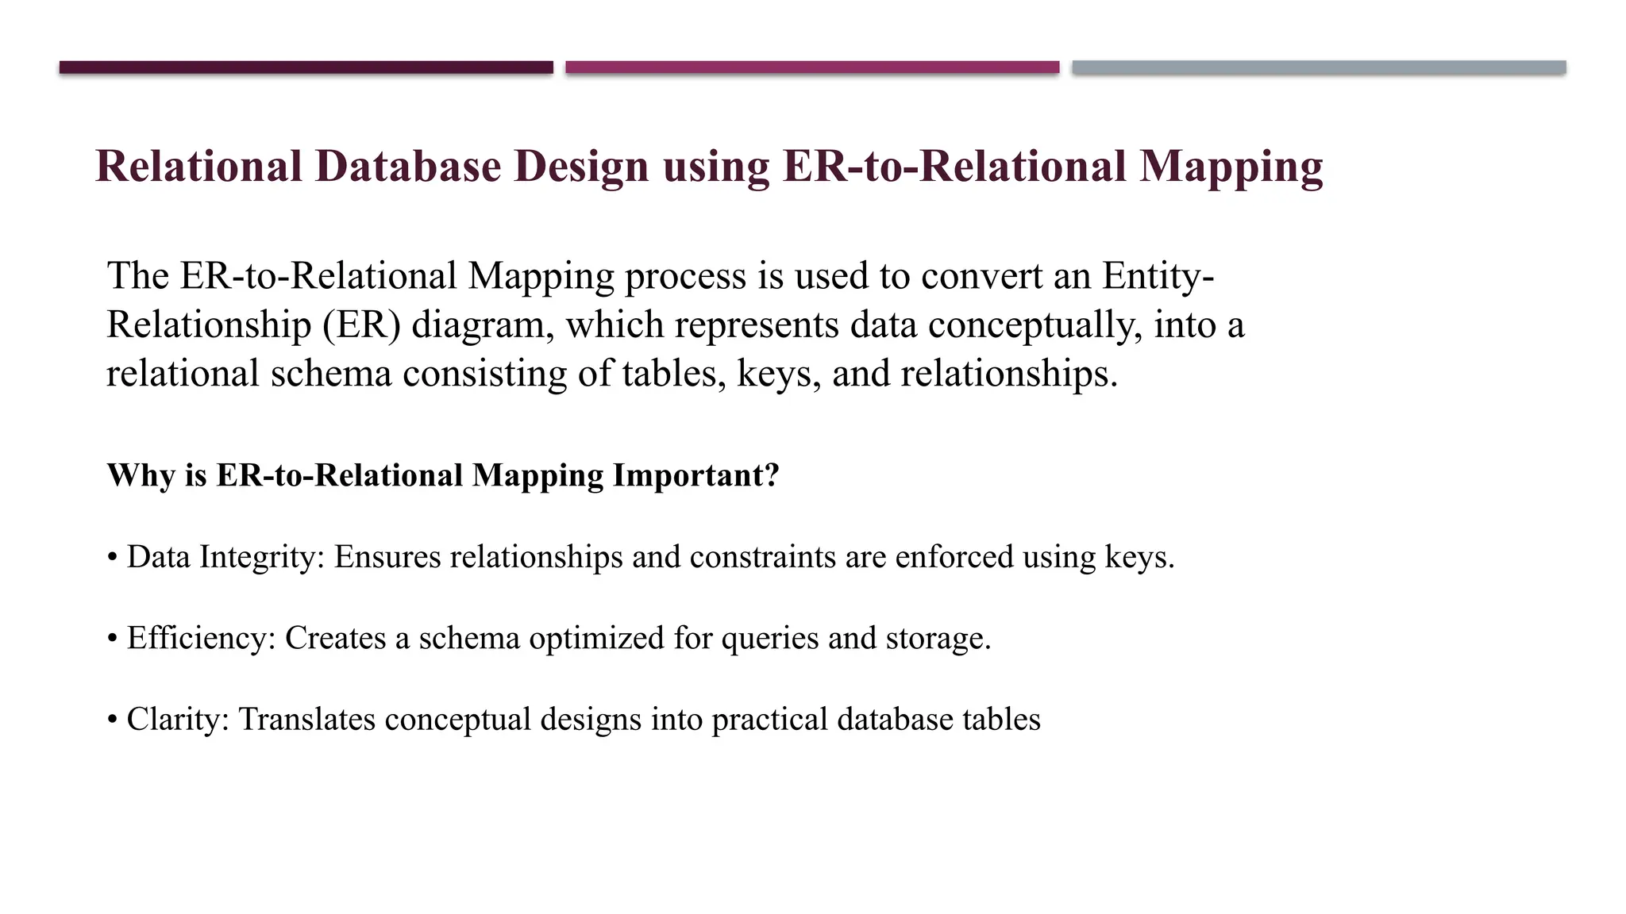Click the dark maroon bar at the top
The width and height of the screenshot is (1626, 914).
click(306, 67)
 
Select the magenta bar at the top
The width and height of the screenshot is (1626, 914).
click(812, 67)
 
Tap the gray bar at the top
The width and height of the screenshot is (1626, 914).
click(1319, 67)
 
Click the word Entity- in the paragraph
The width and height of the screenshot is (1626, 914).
click(1158, 276)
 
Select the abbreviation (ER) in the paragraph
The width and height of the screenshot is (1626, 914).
click(361, 325)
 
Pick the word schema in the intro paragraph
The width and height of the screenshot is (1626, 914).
click(331, 374)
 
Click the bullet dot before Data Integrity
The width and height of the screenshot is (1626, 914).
click(112, 558)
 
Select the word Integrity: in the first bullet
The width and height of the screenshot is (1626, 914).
click(262, 558)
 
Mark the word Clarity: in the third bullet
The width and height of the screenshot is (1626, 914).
click(178, 720)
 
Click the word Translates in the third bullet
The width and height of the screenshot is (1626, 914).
click(306, 720)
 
